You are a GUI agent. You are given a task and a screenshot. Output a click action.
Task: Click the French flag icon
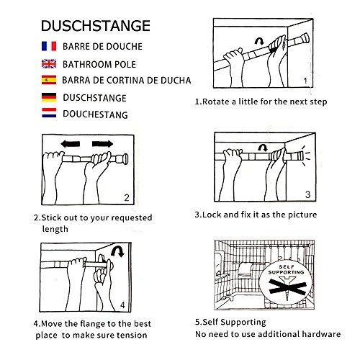49,46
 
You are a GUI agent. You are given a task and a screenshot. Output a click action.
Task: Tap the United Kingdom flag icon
49,64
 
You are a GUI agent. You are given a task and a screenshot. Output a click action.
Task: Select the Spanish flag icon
49,80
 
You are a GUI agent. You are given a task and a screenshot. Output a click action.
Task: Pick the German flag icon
49,97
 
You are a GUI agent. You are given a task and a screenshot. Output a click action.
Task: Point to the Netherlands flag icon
49,113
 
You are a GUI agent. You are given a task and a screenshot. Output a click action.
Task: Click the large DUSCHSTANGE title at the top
96,26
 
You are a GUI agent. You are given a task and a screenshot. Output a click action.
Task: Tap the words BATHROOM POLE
99,64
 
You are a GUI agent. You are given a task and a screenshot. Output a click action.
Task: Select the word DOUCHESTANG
95,114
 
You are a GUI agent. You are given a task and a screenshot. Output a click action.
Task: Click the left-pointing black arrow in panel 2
71,144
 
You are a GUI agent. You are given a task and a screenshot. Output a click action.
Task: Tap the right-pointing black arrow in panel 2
102,144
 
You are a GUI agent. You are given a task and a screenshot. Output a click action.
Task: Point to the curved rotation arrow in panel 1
259,41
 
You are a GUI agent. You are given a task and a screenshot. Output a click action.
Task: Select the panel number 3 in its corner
307,194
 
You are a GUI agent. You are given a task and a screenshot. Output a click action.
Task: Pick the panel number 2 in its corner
127,197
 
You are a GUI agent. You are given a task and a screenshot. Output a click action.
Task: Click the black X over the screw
288,287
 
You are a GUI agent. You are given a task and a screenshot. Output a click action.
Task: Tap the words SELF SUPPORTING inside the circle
287,269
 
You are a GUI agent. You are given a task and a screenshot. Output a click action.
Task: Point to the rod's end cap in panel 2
125,159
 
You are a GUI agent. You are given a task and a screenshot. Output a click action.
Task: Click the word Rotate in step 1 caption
216,102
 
